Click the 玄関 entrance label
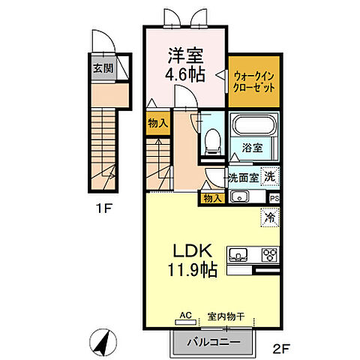pyautogui.click(x=103, y=68)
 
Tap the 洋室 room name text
pyautogui.click(x=185, y=55)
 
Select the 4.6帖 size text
pyautogui.click(x=185, y=74)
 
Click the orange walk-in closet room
pyautogui.click(x=254, y=82)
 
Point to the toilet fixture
pyautogui.click(x=213, y=142)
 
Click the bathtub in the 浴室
pyautogui.click(x=254, y=125)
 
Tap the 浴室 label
pyautogui.click(x=252, y=148)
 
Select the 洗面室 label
pyautogui.click(x=244, y=178)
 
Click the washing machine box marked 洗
pyautogui.click(x=270, y=176)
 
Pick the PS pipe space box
pyautogui.click(x=274, y=199)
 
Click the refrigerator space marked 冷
pyautogui.click(x=270, y=217)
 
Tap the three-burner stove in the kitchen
pyautogui.click(x=270, y=254)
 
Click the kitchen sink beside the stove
pyautogui.click(x=238, y=255)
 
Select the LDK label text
pyautogui.click(x=193, y=250)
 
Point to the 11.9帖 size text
pyautogui.click(x=193, y=270)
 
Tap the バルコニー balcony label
pyautogui.click(x=214, y=342)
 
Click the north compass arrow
pyautogui.click(x=103, y=342)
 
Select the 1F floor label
pyautogui.click(x=103, y=208)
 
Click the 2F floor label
pyautogui.click(x=281, y=349)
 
